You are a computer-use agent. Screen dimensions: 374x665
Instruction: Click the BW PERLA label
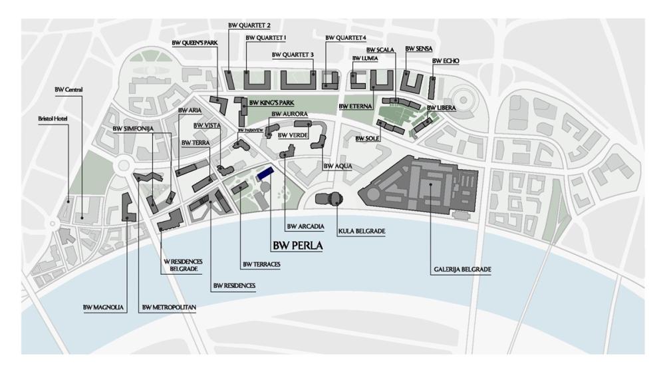tap(297, 245)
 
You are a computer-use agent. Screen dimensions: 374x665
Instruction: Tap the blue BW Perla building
tap(266, 172)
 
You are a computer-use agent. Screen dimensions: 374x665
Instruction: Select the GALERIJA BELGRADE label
tap(462, 270)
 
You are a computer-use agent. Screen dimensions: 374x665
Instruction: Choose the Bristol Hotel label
tap(54, 119)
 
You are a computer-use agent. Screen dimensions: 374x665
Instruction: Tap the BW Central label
tap(68, 89)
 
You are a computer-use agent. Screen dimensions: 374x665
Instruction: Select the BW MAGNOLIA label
tap(104, 307)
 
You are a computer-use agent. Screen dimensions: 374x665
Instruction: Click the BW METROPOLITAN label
tap(170, 307)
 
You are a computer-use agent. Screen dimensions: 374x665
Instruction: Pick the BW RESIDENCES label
tap(234, 285)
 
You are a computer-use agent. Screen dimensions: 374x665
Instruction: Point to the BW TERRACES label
tap(261, 264)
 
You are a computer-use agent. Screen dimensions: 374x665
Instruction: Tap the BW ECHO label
tap(445, 61)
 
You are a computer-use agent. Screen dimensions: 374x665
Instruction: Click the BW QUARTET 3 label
tap(293, 55)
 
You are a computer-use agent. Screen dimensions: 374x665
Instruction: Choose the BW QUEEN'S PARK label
tap(195, 43)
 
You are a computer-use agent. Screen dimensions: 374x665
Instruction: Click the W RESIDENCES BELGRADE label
tap(182, 266)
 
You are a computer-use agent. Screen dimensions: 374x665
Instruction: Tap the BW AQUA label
tap(338, 166)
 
